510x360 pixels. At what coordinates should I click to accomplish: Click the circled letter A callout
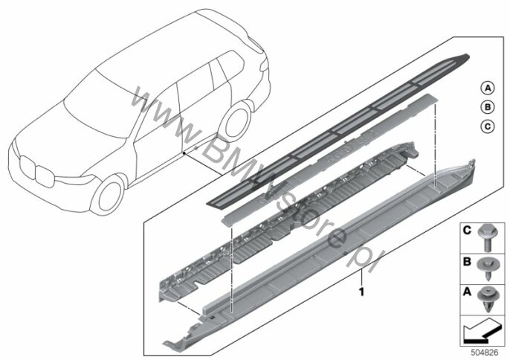(x=487, y=88)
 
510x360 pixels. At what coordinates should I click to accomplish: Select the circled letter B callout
(x=487, y=107)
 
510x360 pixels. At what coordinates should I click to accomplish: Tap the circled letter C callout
(x=487, y=126)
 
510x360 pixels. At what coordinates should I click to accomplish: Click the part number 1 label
(x=361, y=292)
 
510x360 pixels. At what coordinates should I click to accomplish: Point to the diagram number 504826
(x=485, y=353)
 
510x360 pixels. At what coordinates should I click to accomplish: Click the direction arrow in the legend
(x=481, y=331)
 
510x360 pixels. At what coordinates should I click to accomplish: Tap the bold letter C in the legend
(x=467, y=231)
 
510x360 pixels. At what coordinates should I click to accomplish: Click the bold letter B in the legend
(x=467, y=261)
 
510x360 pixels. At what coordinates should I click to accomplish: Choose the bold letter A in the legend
(x=467, y=292)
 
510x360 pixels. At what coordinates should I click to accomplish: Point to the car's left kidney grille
(x=27, y=167)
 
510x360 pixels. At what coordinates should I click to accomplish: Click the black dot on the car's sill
(x=184, y=152)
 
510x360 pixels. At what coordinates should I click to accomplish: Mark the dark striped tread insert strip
(x=338, y=130)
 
